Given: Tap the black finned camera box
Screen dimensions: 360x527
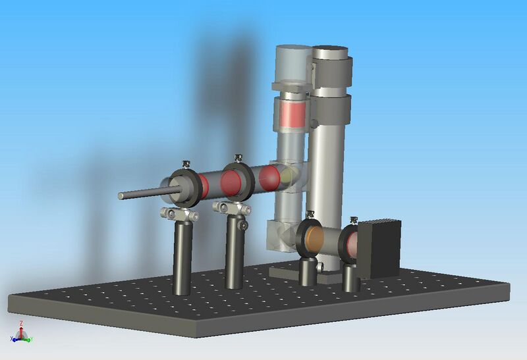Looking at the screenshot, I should click(x=379, y=247).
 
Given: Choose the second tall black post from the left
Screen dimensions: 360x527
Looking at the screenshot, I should click(x=233, y=253).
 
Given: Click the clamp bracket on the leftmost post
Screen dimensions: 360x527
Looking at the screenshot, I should click(x=181, y=215).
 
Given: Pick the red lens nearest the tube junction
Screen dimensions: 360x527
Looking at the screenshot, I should click(x=269, y=178).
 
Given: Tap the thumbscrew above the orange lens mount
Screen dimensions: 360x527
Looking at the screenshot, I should click(x=310, y=213).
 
